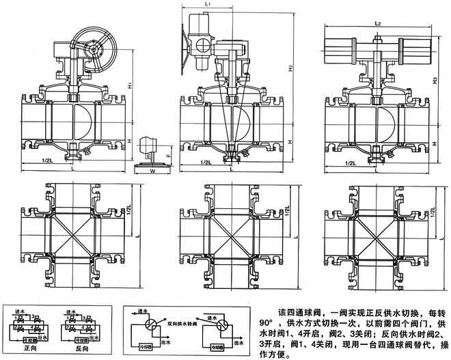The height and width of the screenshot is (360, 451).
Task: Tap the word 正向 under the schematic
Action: [25, 348]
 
